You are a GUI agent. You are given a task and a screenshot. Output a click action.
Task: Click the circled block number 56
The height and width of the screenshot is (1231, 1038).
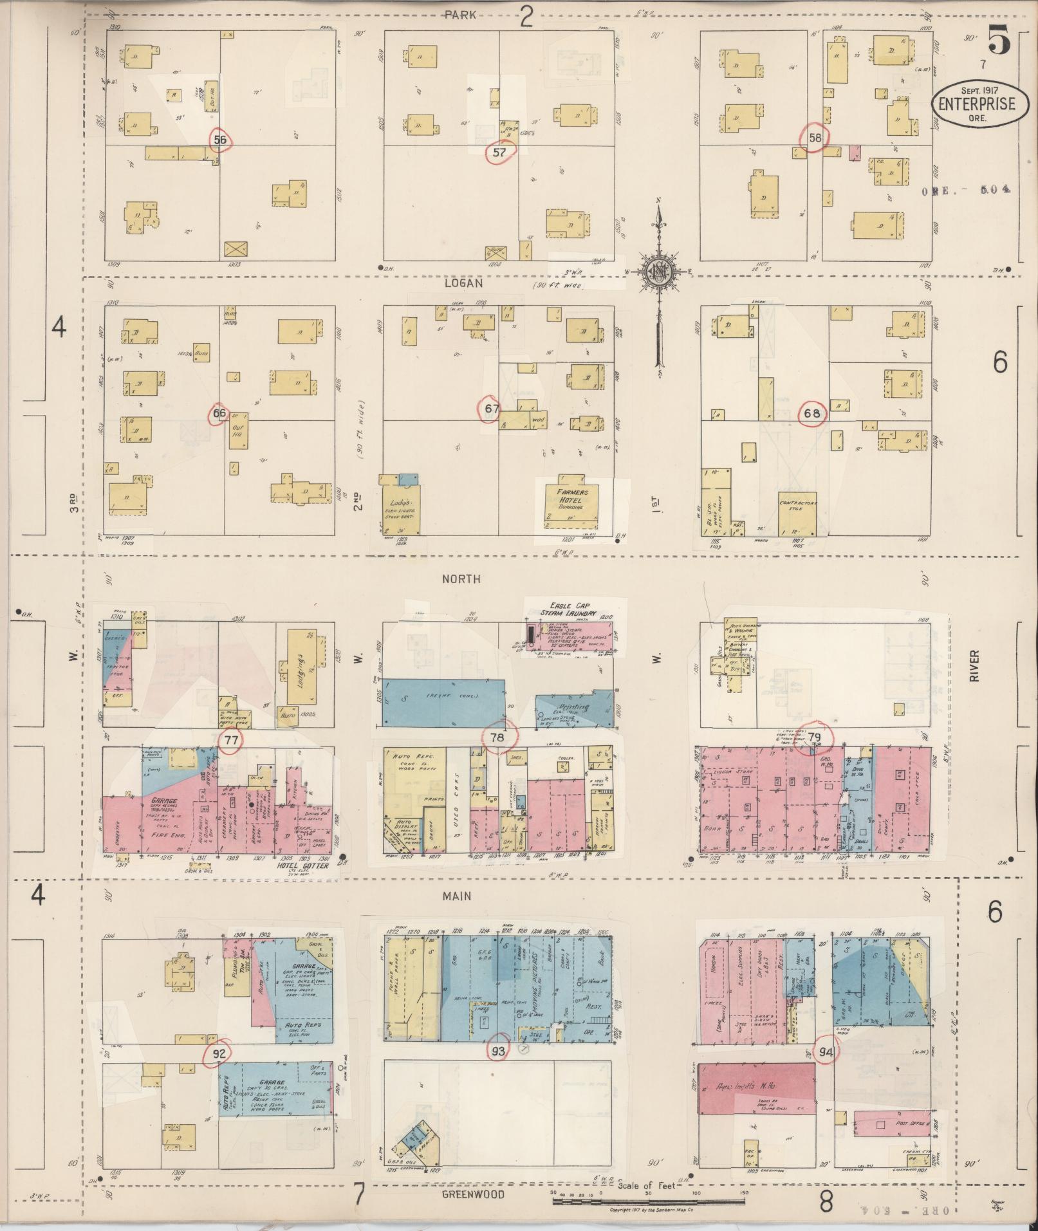click(220, 140)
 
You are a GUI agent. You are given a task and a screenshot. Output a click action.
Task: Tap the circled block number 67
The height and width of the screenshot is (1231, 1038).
click(492, 408)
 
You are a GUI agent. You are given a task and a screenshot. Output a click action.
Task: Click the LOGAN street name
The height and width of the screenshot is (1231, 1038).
click(463, 282)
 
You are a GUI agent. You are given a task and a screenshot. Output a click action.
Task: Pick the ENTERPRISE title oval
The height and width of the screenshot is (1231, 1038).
click(976, 104)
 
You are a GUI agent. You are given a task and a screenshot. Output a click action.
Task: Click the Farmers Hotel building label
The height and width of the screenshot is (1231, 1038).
click(570, 499)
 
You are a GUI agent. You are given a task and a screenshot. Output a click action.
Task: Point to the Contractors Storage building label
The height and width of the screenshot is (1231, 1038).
click(797, 506)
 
